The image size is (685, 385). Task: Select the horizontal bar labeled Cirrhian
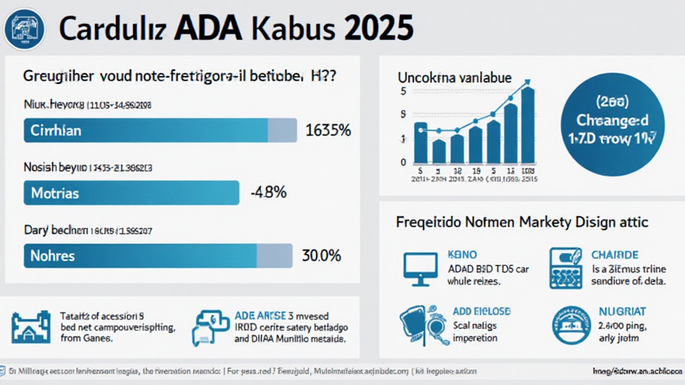point(160,130)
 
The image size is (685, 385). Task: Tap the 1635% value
point(328,130)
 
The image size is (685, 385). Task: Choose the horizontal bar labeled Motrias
point(132,193)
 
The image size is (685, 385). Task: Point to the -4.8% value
point(268,193)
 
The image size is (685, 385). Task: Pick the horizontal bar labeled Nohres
point(159,255)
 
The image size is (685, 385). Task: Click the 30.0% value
point(322,255)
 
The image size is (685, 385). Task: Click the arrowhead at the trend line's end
point(528,83)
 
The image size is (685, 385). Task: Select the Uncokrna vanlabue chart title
point(455,78)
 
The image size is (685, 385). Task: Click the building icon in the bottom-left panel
point(31,327)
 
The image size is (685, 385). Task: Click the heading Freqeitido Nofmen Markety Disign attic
point(522,221)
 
